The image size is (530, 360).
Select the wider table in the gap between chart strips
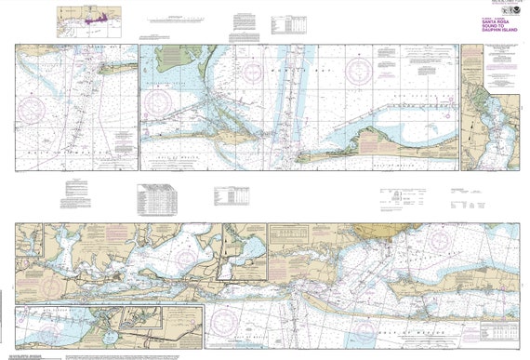154,197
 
